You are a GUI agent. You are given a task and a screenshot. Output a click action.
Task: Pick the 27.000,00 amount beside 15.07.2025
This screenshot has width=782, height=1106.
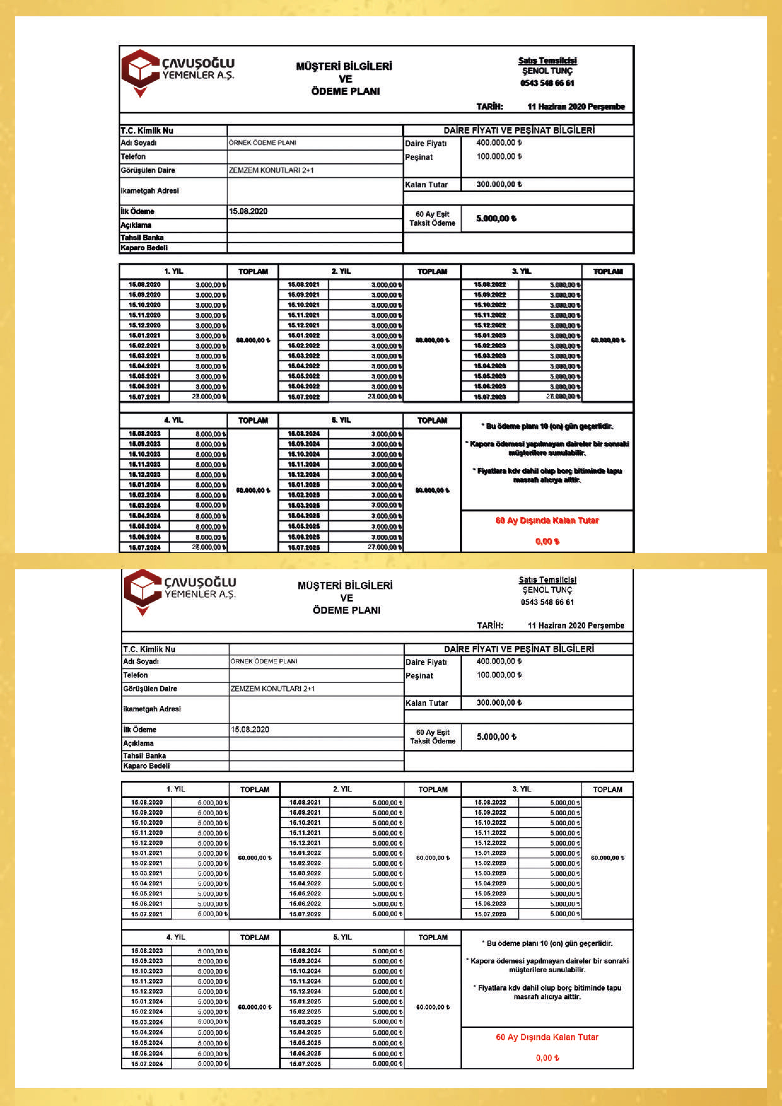[x=384, y=547]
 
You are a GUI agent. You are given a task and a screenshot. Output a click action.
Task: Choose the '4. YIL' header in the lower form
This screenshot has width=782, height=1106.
[x=175, y=937]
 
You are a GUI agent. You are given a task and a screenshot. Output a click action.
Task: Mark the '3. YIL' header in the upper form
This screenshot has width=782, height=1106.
[x=521, y=271]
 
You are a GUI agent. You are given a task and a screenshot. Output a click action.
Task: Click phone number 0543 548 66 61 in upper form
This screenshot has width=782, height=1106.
[x=547, y=83]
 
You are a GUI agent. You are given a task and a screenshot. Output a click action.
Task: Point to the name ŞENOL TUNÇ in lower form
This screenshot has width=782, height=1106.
[x=547, y=590]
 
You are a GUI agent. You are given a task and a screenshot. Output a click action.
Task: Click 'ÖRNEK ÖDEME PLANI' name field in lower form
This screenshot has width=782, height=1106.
[x=264, y=661]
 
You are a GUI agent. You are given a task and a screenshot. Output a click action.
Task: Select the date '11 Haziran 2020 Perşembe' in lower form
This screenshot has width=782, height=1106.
[x=576, y=625]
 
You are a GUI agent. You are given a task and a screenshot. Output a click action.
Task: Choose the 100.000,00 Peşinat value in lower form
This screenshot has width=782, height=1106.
[x=499, y=675]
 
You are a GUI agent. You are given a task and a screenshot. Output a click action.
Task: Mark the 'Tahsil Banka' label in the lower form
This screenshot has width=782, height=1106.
[x=144, y=756]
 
